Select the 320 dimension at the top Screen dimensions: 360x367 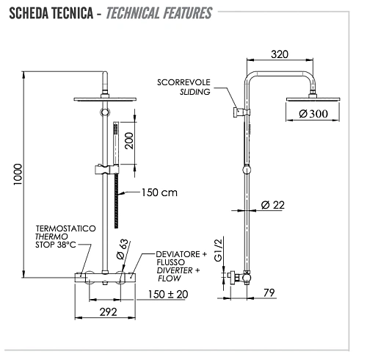279,54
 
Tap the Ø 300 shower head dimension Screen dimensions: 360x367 303,113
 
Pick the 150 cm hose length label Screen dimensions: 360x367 159,192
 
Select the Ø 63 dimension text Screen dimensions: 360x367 123,250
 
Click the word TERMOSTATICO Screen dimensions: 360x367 65,229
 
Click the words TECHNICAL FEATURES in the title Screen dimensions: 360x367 159,13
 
